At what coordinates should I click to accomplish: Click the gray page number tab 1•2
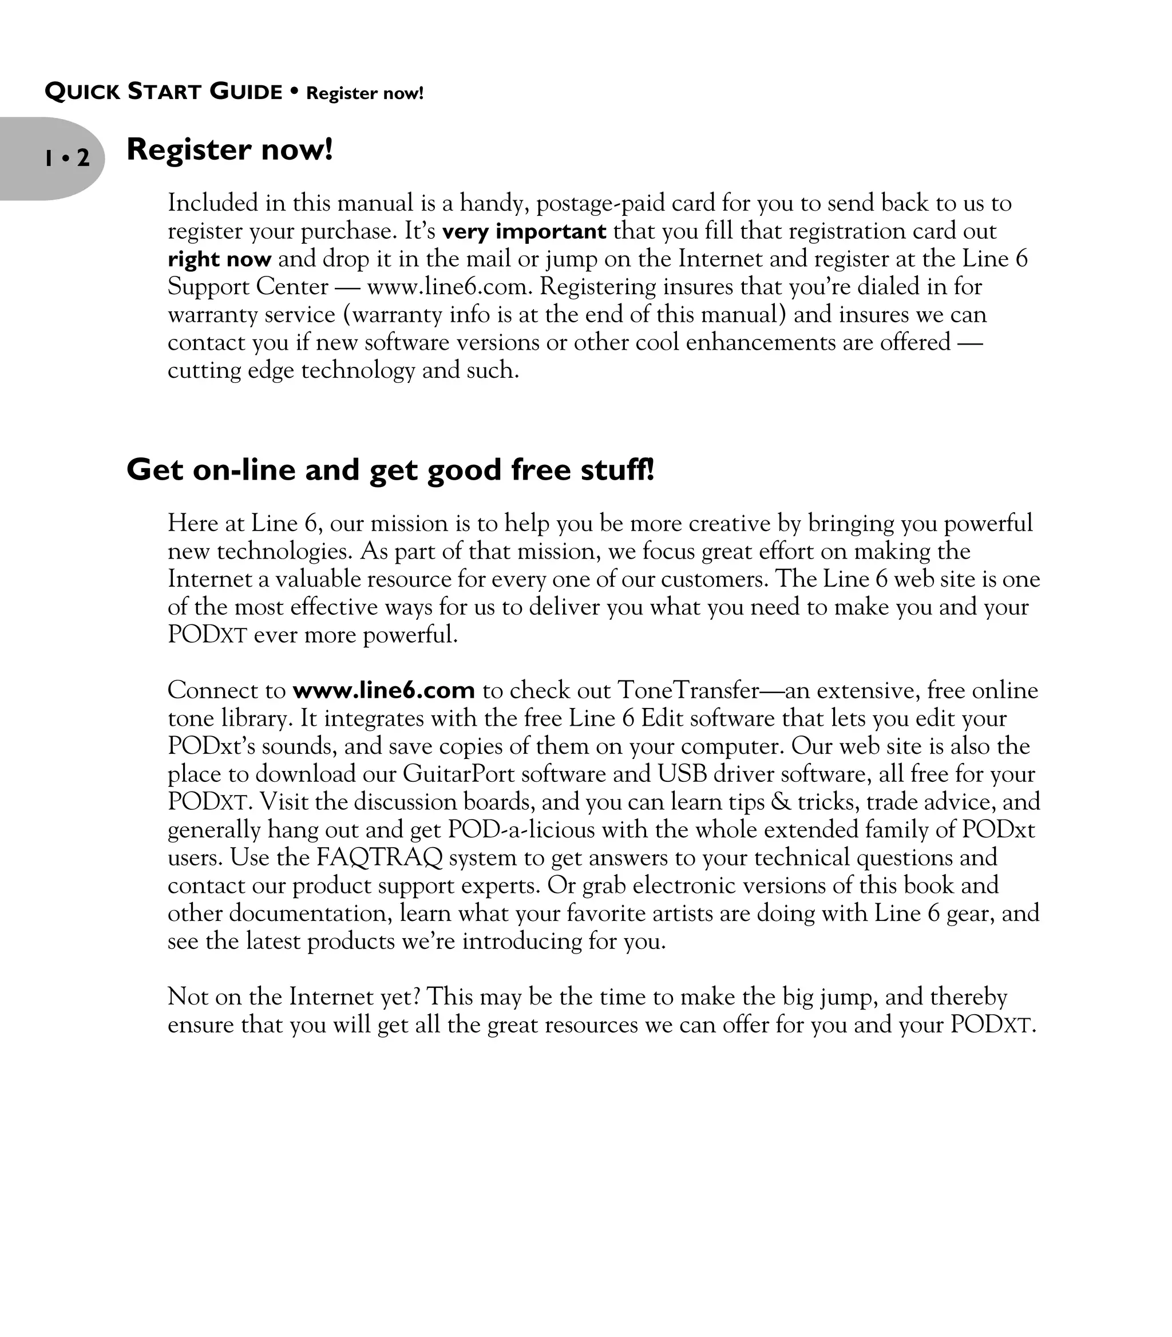[x=65, y=159]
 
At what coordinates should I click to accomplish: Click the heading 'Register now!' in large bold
[x=229, y=149]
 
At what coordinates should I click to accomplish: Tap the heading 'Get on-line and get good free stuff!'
[x=390, y=470]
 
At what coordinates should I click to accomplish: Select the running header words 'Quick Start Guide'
[x=163, y=92]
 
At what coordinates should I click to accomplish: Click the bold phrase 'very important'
[x=524, y=232]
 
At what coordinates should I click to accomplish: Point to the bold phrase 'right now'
[x=219, y=260]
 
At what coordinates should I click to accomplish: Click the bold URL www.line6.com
[x=383, y=690]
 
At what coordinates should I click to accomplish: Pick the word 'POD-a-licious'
[x=521, y=829]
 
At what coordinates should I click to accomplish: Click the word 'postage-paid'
[x=609, y=203]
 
